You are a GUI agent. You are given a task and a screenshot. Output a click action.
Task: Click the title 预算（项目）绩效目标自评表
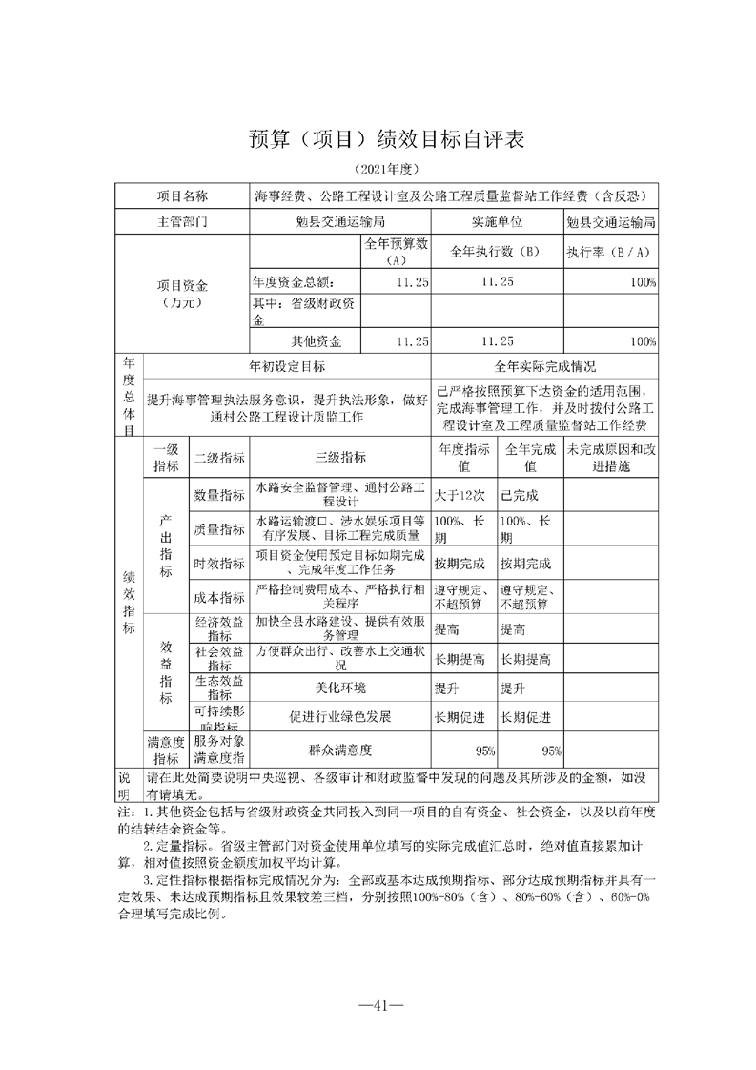(378, 139)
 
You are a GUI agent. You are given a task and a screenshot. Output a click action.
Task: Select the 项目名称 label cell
(181, 196)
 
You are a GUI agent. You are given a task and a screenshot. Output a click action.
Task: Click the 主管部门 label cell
(181, 221)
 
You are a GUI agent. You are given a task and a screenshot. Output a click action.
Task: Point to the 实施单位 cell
(497, 221)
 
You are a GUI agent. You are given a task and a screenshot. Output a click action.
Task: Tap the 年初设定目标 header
(287, 365)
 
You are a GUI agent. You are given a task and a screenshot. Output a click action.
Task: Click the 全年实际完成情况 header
(544, 365)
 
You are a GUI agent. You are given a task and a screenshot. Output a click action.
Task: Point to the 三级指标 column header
(340, 458)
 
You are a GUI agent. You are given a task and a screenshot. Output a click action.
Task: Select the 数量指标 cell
(219, 495)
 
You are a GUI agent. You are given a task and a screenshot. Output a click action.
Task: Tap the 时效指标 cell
(219, 565)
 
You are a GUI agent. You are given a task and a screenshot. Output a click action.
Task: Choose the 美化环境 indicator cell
(340, 688)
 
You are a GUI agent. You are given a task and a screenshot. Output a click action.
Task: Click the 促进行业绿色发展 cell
(340, 716)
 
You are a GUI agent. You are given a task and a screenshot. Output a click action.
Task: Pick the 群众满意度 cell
(340, 750)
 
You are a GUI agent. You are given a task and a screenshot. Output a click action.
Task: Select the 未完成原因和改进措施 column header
(610, 458)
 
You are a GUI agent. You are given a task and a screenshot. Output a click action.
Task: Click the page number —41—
(378, 1005)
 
